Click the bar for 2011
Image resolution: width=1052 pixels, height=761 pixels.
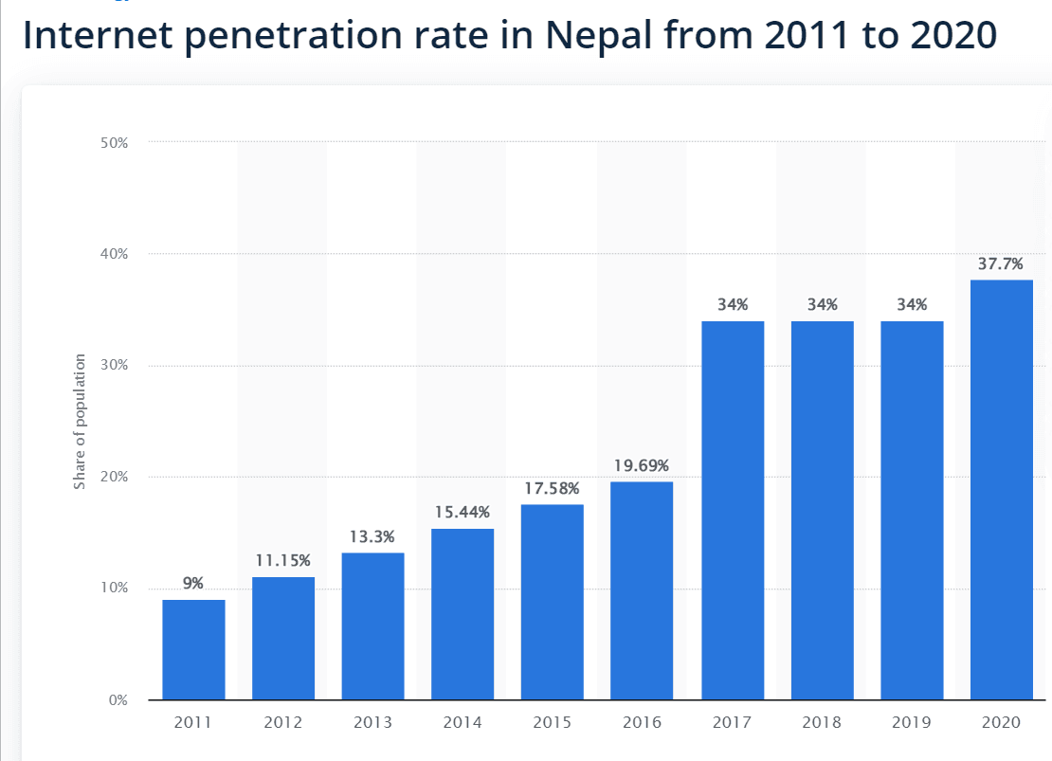193,649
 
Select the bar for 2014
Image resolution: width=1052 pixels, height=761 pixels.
463,614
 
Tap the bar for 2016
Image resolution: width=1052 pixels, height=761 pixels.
642,590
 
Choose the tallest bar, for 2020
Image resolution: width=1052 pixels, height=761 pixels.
1002,490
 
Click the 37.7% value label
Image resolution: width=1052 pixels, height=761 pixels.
1001,263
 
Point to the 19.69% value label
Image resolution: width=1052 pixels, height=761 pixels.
642,465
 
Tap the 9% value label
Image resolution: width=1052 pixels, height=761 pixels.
193,584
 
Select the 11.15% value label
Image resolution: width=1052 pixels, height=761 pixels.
283,560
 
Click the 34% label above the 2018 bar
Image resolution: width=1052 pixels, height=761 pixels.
823,305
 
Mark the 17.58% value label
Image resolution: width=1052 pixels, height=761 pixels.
552,488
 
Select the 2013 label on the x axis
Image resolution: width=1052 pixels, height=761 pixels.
372,723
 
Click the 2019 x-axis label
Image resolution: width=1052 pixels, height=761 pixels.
912,723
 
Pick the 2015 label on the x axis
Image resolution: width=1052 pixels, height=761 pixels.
552,723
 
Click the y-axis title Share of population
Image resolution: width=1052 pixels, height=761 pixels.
80,422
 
